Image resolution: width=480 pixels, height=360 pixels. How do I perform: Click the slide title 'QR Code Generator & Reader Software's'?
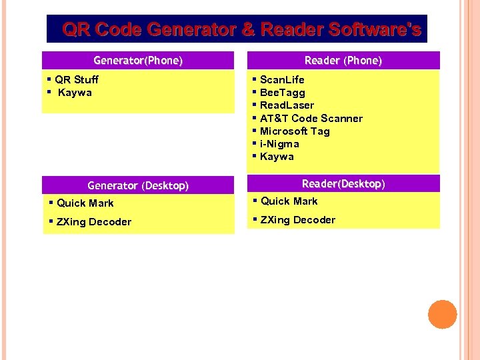241,29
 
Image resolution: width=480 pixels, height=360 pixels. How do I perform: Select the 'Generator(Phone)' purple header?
138,61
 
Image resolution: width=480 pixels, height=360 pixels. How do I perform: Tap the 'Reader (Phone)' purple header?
343,61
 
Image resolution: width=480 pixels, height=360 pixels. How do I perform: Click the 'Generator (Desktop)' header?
138,185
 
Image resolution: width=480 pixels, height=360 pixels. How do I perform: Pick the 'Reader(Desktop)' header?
343,183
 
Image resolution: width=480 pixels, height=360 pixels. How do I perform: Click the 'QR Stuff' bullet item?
77,80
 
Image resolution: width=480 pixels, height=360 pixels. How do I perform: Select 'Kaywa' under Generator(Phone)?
75,93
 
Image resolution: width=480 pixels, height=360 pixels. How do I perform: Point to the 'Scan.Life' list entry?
282,80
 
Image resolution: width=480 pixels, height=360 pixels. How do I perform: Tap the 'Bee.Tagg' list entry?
282,93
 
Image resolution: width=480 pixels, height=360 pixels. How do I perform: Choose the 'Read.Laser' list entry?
287,105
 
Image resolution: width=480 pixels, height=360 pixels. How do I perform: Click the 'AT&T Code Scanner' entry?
311,119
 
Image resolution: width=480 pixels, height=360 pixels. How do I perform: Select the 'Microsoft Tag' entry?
295,131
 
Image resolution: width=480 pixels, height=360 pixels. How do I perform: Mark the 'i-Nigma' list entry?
279,144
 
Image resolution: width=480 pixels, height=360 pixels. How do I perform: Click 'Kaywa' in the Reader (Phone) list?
277,157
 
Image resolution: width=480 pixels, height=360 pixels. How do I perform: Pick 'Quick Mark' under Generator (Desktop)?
85,203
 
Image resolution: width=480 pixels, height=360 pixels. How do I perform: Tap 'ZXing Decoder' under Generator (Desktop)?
94,222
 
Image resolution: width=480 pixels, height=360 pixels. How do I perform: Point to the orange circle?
443,315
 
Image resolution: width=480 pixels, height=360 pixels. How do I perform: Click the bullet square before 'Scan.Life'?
255,79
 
